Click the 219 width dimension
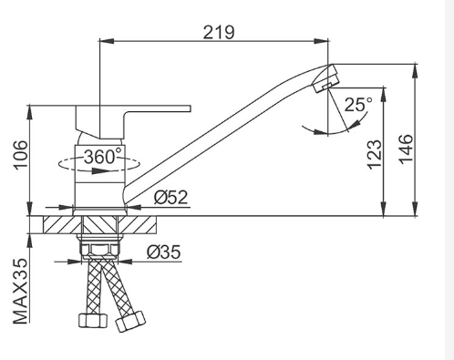click(x=219, y=32)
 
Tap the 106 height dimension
click(x=21, y=154)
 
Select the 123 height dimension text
click(x=374, y=154)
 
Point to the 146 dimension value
click(x=406, y=149)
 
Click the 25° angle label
click(x=358, y=105)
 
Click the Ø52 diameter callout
click(x=170, y=198)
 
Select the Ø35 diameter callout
click(x=163, y=252)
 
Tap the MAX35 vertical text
click(x=21, y=292)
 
